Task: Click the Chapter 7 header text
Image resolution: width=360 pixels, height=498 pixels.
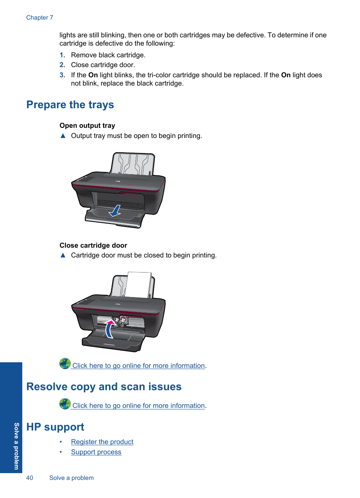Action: pos(40,17)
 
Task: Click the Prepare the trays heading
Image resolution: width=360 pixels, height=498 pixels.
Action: pos(70,104)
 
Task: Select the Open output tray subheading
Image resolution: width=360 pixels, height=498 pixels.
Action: pos(87,126)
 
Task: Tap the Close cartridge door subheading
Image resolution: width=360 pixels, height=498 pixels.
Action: pos(93,245)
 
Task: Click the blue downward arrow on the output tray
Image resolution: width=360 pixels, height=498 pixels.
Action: pos(115,210)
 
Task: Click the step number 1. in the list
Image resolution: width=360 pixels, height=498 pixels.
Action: pos(62,55)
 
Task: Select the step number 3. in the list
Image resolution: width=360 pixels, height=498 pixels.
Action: pos(62,75)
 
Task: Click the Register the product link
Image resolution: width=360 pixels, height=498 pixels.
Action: pos(102,442)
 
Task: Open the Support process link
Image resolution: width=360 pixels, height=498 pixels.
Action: pos(96,452)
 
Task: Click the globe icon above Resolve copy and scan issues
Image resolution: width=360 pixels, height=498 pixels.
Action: pos(65,363)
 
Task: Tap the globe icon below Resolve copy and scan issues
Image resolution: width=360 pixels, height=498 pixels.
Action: pos(65,404)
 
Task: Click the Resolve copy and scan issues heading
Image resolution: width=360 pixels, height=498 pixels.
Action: pos(104,387)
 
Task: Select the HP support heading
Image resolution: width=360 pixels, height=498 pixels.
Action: pos(55,427)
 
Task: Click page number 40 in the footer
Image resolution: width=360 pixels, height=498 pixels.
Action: pos(29,478)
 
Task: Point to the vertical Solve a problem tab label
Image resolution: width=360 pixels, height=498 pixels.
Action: pos(16,446)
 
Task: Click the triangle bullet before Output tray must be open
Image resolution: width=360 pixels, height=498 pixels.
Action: pos(63,136)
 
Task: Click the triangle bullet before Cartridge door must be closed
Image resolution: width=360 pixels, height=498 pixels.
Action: pos(63,255)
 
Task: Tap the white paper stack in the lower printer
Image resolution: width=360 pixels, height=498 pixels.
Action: pos(138,285)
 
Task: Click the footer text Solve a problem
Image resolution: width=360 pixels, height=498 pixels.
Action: pos(71,478)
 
